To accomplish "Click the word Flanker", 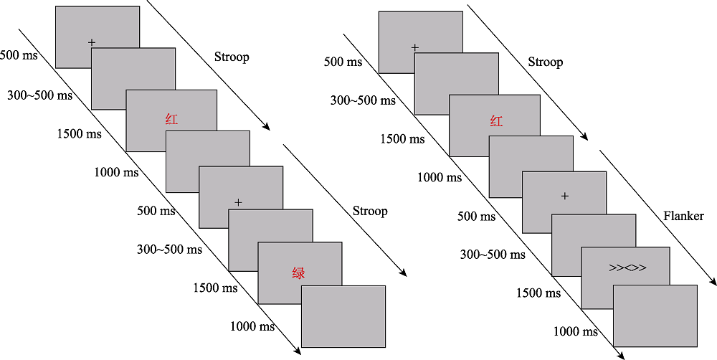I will tap(683, 215).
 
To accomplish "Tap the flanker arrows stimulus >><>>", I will tap(627, 268).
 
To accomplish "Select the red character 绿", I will tap(298, 273).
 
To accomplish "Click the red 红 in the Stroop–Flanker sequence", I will tap(495, 121).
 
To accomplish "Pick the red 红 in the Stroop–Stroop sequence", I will tap(171, 119).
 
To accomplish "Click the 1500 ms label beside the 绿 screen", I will tap(215, 288).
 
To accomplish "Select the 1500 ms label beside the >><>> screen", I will tap(538, 293).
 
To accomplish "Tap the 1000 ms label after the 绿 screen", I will tap(252, 326).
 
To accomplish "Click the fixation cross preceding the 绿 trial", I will tap(238, 203).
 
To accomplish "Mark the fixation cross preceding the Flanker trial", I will tap(564, 196).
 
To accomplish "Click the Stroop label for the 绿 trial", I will tap(369, 211).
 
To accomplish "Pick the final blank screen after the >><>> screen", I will tap(655, 316).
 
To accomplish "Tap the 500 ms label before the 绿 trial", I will tap(156, 211).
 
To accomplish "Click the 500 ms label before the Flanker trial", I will tap(476, 216).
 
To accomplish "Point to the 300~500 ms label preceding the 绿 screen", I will tap(169, 250).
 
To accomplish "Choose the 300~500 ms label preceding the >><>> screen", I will tap(493, 255).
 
